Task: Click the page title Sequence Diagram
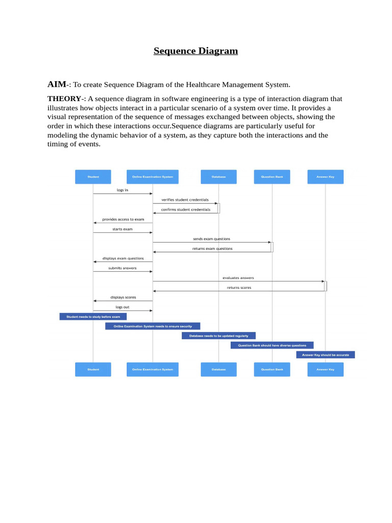pyautogui.click(x=196, y=51)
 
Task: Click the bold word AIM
pyautogui.click(x=57, y=84)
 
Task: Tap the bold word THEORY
pyautogui.click(x=64, y=99)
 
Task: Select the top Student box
pyautogui.click(x=93, y=177)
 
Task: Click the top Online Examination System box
pyautogui.click(x=153, y=177)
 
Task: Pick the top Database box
pyautogui.click(x=218, y=177)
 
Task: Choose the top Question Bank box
pyautogui.click(x=272, y=177)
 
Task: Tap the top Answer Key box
pyautogui.click(x=325, y=177)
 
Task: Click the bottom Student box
pyautogui.click(x=93, y=369)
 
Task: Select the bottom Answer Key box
pyautogui.click(x=325, y=369)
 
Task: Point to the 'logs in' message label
pyautogui.click(x=122, y=190)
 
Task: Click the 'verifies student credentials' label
pyautogui.click(x=185, y=200)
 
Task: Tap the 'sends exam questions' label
pyautogui.click(x=211, y=239)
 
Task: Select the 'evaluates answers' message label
pyautogui.click(x=238, y=278)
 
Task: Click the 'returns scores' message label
pyautogui.click(x=239, y=288)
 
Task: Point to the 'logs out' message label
pyautogui.click(x=122, y=307)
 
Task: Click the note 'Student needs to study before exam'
pyautogui.click(x=93, y=317)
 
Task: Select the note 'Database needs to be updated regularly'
pyautogui.click(x=218, y=336)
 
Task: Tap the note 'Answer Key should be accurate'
pyautogui.click(x=325, y=354)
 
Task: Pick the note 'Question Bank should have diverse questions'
pyautogui.click(x=272, y=345)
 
